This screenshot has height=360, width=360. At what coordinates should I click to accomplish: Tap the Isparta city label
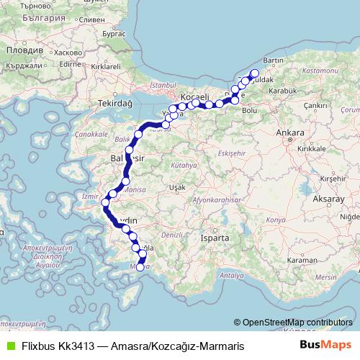[x=215, y=237]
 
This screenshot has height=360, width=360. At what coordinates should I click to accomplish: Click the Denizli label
[x=173, y=235]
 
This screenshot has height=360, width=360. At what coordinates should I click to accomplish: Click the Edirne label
[x=70, y=64]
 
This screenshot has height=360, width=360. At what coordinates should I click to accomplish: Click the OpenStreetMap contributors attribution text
[x=296, y=323]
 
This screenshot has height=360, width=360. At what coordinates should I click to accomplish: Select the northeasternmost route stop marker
[x=254, y=73]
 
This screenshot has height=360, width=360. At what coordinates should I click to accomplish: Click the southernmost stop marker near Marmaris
[x=140, y=267]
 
